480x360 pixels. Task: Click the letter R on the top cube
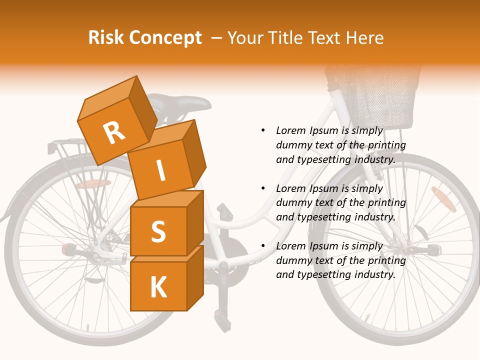click(x=114, y=133)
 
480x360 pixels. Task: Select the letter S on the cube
click(x=158, y=231)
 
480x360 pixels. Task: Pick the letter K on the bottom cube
click(x=158, y=287)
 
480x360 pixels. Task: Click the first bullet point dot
click(x=263, y=130)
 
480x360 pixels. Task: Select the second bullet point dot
click(x=263, y=188)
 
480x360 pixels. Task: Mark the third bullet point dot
click(x=263, y=246)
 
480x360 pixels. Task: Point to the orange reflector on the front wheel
click(x=443, y=199)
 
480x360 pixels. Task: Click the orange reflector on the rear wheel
click(x=93, y=184)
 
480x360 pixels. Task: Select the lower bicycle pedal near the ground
click(x=220, y=314)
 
